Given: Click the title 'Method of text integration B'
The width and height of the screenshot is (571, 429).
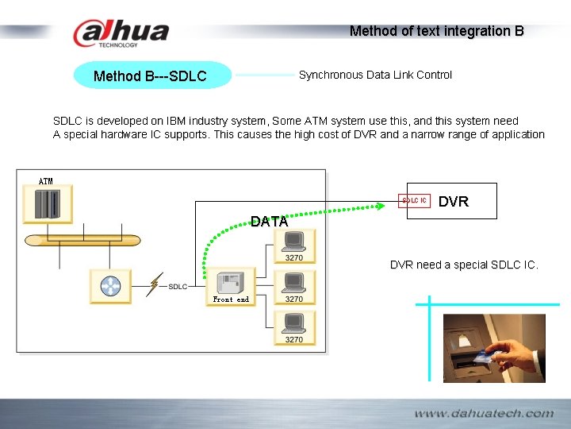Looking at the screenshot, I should pos(436,31).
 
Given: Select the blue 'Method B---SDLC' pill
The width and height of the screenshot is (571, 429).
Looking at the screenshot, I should pos(151,76).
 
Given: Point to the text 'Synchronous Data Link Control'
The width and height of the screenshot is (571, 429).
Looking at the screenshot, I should pos(375,75).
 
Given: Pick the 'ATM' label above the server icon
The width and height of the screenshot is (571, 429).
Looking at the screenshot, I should pos(46,182).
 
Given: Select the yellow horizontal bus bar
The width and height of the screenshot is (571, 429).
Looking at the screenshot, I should pos(82,240).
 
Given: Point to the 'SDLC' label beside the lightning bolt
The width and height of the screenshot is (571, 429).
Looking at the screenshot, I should pos(178,287).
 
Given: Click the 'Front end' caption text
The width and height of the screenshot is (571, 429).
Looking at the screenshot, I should pos(231,300).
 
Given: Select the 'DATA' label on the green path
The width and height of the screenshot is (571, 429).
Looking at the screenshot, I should pos(269,222).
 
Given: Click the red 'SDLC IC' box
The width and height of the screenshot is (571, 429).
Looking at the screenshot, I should pos(414,201).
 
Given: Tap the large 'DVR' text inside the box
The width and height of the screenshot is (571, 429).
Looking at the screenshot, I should pos(454,202).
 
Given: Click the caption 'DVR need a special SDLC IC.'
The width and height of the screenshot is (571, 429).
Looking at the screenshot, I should pos(464,265).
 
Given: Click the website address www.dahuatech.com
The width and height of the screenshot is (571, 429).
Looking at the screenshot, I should pos(483,413).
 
